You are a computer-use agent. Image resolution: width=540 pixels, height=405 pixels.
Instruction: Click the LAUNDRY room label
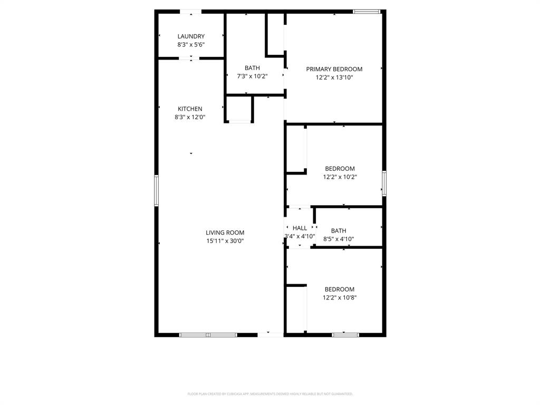[191, 36]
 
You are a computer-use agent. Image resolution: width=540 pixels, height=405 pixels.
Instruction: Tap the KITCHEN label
[190, 109]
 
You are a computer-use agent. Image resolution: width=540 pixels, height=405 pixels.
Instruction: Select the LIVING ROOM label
[225, 233]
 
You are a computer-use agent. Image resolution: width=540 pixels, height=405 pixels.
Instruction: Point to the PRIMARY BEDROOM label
[334, 69]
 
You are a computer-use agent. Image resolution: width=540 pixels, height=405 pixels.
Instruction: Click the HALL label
[300, 228]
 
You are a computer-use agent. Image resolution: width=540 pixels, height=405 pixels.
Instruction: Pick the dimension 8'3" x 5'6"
[191, 45]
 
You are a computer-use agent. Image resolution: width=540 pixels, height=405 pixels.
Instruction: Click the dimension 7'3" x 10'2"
[252, 76]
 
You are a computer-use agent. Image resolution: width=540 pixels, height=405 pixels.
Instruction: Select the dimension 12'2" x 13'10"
[334, 78]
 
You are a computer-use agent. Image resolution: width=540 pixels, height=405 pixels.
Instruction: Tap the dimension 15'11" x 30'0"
[225, 241]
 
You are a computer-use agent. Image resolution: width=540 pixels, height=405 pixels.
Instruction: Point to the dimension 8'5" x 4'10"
[339, 239]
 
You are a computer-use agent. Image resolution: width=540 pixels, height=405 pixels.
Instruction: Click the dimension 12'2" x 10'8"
[340, 297]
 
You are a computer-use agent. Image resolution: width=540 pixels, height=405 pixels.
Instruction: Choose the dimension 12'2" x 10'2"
[340, 177]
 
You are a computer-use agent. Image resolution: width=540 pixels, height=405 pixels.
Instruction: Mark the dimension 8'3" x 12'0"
[190, 117]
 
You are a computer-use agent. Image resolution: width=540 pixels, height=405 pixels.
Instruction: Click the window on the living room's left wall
[156, 190]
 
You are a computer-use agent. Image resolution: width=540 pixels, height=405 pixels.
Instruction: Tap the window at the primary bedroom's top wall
[367, 11]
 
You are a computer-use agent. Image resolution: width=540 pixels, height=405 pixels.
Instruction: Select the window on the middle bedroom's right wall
[384, 183]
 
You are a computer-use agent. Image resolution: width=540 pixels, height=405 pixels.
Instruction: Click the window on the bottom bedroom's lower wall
[345, 334]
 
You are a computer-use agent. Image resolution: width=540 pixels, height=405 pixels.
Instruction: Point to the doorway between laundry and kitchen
[189, 58]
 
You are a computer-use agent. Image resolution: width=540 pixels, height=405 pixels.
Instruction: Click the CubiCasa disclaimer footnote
[270, 394]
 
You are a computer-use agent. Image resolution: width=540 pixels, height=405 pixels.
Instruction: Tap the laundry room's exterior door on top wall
[190, 11]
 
